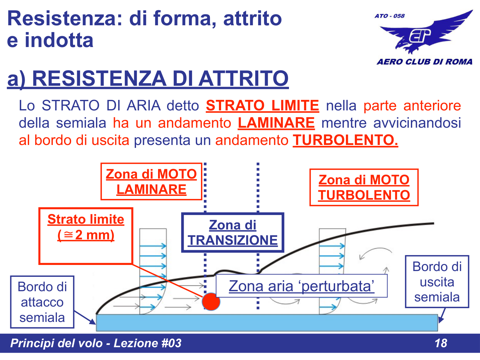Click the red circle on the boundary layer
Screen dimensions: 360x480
click(x=211, y=301)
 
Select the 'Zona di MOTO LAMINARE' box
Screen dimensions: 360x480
click(x=151, y=182)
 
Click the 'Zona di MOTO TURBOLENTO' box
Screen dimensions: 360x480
click(x=364, y=188)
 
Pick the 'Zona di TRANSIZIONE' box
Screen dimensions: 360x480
click(x=233, y=233)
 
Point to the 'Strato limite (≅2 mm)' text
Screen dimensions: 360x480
click(x=86, y=227)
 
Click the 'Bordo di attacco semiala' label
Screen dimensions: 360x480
click(x=42, y=302)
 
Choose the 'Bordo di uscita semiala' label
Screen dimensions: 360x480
click(x=437, y=282)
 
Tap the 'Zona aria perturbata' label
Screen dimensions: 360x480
click(x=301, y=286)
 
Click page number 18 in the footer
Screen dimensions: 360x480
click(x=441, y=343)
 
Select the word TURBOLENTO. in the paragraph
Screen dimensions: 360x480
click(x=345, y=140)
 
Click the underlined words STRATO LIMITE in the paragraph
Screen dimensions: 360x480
click(x=262, y=106)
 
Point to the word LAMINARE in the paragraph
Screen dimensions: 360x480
click(x=276, y=123)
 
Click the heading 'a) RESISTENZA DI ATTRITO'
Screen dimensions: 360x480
click(x=148, y=78)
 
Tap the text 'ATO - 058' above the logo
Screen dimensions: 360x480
click(x=389, y=16)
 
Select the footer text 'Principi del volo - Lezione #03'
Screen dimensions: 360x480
click(x=96, y=343)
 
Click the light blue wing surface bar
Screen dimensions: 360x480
click(x=267, y=323)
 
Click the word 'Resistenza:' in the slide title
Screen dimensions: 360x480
click(x=65, y=18)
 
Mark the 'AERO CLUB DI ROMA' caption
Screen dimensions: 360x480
click(x=424, y=62)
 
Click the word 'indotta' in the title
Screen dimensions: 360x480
click(x=59, y=40)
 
